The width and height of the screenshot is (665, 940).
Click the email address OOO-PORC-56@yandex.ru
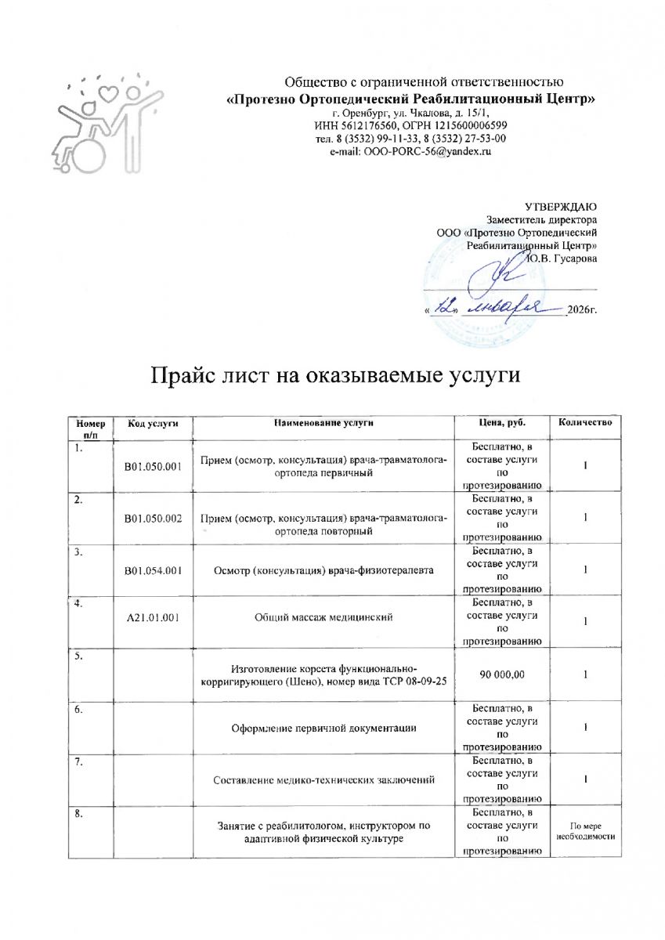click(x=410, y=151)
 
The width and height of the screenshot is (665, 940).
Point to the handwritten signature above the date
click(x=507, y=274)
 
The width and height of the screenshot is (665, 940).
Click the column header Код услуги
click(x=154, y=424)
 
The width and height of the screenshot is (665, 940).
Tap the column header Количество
click(x=585, y=424)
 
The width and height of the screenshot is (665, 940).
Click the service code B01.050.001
click(x=154, y=468)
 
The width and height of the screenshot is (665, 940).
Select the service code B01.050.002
click(x=154, y=520)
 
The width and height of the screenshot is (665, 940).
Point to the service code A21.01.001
click(x=154, y=619)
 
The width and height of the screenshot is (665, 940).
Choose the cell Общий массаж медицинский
click(x=324, y=619)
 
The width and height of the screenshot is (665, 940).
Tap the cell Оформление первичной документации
click(x=324, y=728)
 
